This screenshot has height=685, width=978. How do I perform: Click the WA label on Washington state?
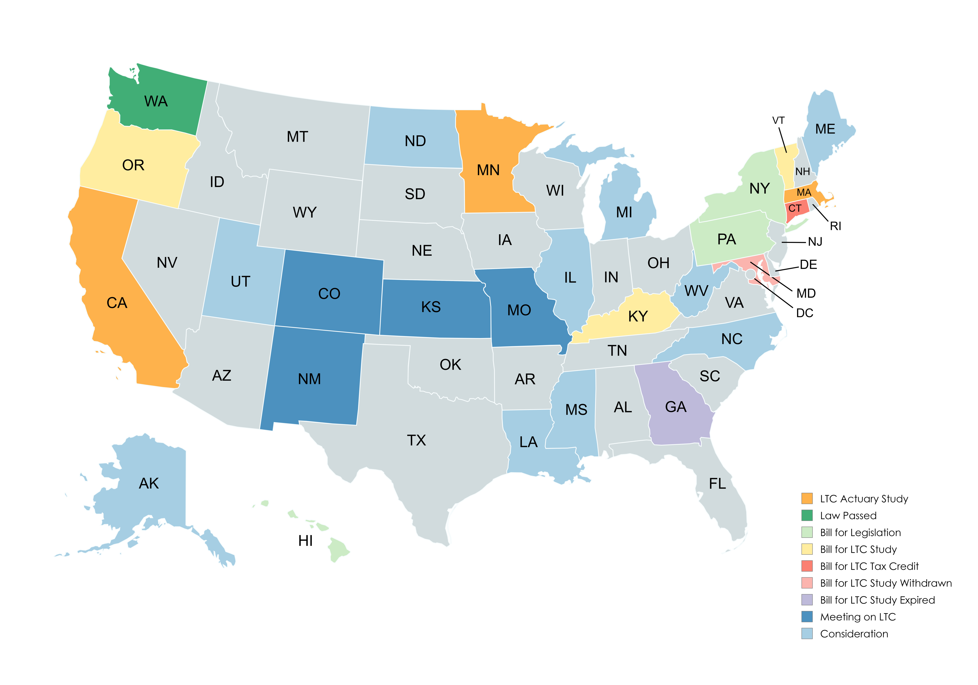[156, 101]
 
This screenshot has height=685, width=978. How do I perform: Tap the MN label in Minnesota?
[488, 170]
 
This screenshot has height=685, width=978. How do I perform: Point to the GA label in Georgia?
[676, 407]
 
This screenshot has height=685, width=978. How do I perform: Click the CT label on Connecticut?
[795, 208]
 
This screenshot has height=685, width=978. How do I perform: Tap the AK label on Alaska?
[149, 484]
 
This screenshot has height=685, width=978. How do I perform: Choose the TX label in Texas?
[416, 440]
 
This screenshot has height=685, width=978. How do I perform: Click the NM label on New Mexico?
[309, 379]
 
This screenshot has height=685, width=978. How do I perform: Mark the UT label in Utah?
[240, 282]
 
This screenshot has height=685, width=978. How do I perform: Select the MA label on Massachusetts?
[804, 193]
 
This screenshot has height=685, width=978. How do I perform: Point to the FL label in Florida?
[717, 484]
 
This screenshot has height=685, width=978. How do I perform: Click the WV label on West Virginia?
[696, 291]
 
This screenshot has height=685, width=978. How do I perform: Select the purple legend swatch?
[807, 600]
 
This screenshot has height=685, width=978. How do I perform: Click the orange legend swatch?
[807, 498]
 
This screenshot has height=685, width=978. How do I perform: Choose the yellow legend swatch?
[807, 549]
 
